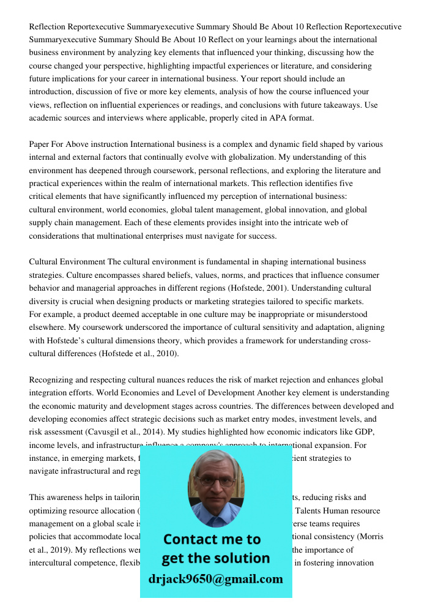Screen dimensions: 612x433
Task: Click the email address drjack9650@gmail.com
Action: [215, 579]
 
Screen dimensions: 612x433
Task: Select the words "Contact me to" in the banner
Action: [212, 539]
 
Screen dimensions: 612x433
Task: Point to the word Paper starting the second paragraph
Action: [40, 144]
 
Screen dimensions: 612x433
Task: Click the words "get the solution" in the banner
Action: [215, 558]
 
